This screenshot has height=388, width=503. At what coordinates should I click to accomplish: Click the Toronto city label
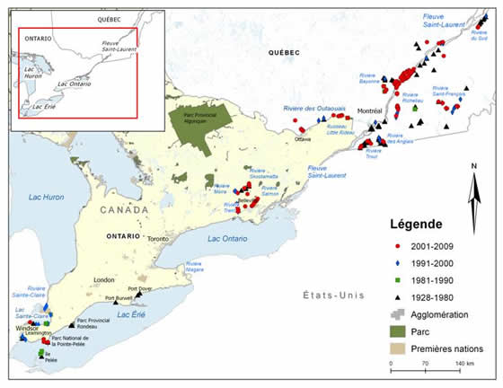point(159,239)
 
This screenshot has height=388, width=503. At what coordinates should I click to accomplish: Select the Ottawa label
point(302,139)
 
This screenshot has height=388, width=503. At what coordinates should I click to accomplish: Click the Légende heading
point(415,223)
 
